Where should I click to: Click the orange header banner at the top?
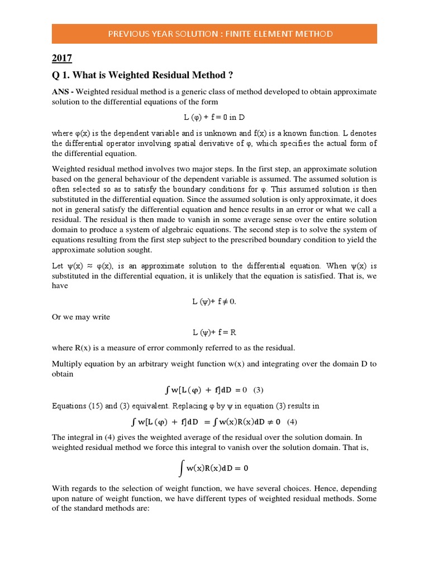pos(214,34)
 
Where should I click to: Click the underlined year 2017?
pos(61,58)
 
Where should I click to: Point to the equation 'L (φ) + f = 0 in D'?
pos(214,118)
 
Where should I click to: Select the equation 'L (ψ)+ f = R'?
pos(214,332)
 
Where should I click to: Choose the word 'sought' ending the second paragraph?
pos(139,250)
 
